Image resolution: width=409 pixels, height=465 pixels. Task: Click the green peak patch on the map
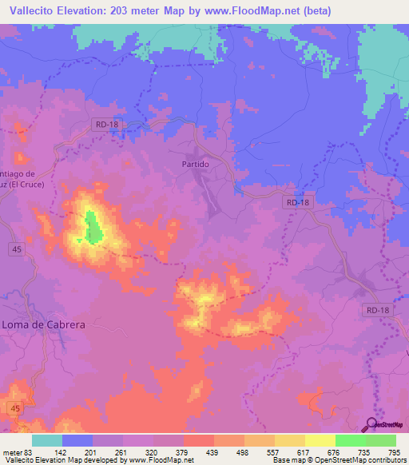coord(93,228)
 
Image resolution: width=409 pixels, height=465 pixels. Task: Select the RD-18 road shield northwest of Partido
coord(105,124)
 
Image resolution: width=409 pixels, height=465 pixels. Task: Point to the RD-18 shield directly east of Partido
coord(296,203)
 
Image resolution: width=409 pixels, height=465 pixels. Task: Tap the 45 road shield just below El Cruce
coord(16,249)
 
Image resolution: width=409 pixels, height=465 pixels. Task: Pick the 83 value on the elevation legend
coord(30,452)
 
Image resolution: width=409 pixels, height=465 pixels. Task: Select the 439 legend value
coord(214,452)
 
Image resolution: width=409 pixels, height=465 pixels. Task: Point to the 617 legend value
coord(304,452)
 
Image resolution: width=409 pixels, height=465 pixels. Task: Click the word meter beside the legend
coord(12,452)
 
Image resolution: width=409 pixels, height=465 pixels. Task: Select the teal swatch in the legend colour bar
coord(47,440)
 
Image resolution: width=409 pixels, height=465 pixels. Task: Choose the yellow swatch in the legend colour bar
coord(320,440)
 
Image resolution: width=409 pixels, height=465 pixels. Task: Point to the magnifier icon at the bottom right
coord(371,423)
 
